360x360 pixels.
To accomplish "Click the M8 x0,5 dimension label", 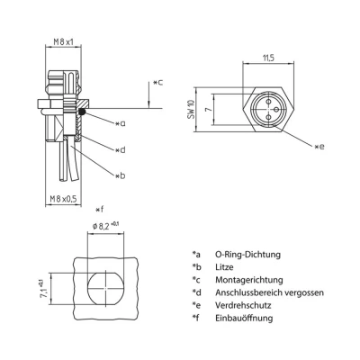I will pyautogui.click(x=64, y=200).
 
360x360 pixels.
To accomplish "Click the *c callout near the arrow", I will pyautogui.click(x=157, y=83).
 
